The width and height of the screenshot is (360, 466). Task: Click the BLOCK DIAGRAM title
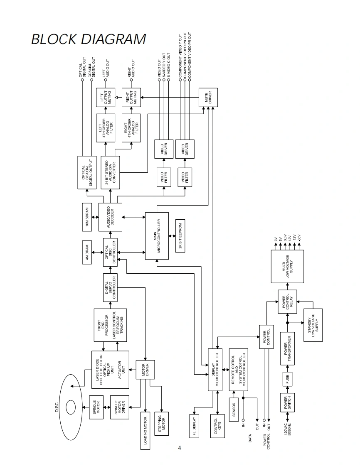89,39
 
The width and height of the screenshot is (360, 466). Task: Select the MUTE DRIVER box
208,97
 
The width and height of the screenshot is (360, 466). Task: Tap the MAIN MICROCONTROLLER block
157,235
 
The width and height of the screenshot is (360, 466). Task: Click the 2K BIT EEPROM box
180,235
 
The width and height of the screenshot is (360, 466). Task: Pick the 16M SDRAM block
87,217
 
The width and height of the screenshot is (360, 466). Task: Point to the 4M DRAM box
87,253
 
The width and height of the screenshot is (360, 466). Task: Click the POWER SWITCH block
288,402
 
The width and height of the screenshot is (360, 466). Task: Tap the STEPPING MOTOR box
163,424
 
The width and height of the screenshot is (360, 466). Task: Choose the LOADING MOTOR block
145,432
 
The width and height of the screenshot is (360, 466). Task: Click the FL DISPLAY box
194,425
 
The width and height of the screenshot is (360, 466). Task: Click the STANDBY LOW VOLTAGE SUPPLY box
313,325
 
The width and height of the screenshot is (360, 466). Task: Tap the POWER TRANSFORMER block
288,348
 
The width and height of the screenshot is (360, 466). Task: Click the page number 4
180,448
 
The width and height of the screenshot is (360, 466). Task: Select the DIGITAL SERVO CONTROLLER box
110,287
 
